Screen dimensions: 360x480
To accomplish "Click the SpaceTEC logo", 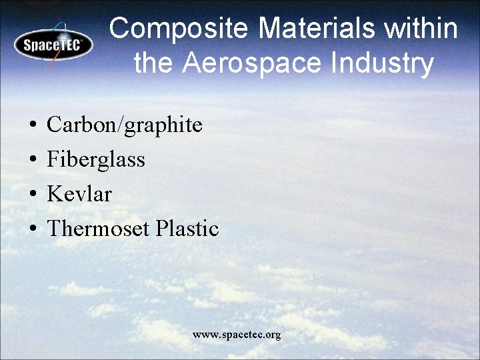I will (x=53, y=45).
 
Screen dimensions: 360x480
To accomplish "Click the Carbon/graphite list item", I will (x=125, y=125).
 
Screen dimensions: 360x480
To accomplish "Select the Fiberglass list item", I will (x=96, y=160).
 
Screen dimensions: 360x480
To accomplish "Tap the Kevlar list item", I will (x=79, y=195).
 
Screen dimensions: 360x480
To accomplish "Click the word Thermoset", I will (x=99, y=229).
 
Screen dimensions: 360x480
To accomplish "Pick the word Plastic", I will (x=187, y=229).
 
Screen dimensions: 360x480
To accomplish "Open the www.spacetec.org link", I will (x=237, y=335).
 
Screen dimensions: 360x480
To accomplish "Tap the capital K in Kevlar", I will (x=55, y=195).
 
